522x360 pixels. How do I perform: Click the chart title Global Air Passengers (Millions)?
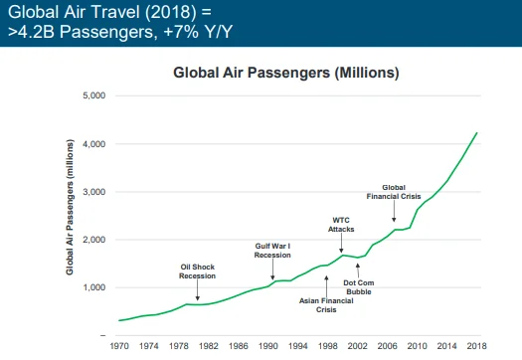click(286, 73)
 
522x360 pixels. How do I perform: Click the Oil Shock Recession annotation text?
click(198, 270)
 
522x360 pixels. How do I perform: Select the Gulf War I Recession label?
click(272, 249)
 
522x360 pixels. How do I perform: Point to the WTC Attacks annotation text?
click(342, 224)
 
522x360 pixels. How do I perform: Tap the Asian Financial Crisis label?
click(326, 302)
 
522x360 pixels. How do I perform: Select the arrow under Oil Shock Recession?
click(198, 290)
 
